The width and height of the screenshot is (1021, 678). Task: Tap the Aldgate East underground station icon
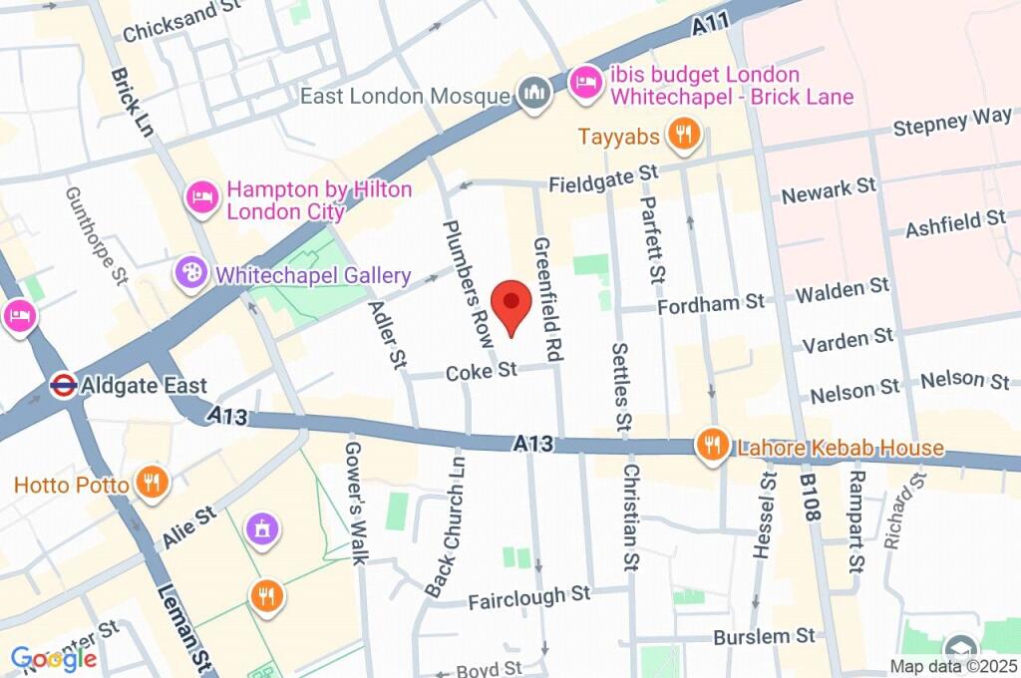pyautogui.click(x=65, y=386)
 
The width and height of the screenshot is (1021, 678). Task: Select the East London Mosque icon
pyautogui.click(x=533, y=96)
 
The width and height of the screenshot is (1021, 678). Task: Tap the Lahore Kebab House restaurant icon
pyautogui.click(x=712, y=447)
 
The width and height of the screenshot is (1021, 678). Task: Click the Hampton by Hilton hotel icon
pyautogui.click(x=203, y=196)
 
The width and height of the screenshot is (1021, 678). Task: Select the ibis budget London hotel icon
pyautogui.click(x=584, y=83)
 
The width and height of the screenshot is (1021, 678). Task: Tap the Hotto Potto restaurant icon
pyautogui.click(x=152, y=485)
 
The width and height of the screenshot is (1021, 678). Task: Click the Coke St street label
pyautogui.click(x=482, y=372)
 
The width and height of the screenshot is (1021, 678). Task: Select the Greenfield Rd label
pyautogui.click(x=544, y=298)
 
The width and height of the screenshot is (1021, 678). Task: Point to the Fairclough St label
pyautogui.click(x=529, y=596)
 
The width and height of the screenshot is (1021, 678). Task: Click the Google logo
pyautogui.click(x=54, y=658)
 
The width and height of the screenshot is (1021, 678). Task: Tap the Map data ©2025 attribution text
pyautogui.click(x=952, y=666)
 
